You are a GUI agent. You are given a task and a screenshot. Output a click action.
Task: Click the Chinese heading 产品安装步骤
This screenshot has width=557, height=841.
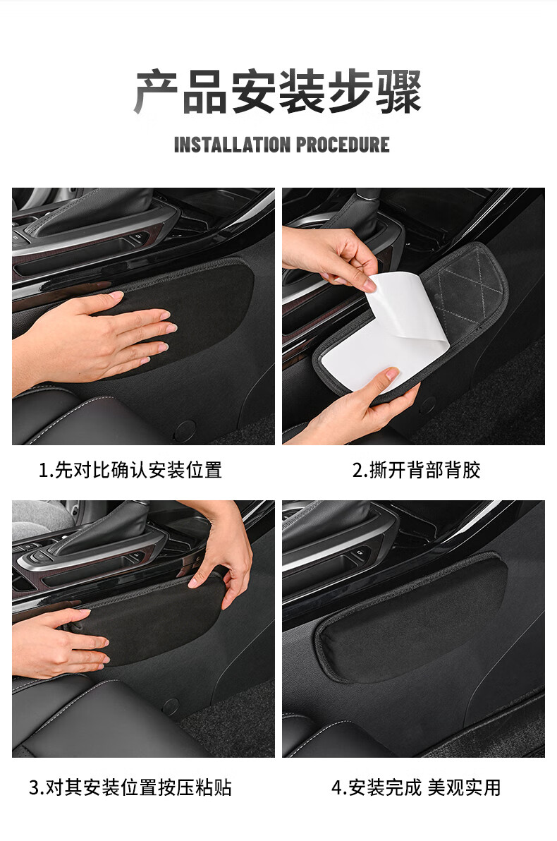click(x=278, y=92)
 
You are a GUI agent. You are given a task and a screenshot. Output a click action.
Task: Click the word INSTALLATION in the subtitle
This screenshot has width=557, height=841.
click(x=231, y=145)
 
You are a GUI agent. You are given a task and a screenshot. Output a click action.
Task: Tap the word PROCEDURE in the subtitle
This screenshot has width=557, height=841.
click(x=343, y=145)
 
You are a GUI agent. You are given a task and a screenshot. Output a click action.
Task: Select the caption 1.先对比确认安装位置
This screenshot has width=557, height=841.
click(x=130, y=470)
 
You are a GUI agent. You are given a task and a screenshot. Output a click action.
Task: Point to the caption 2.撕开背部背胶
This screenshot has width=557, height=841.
click(x=416, y=470)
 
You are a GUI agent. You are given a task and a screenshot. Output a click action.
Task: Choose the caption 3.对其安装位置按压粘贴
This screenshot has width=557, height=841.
click(x=130, y=787)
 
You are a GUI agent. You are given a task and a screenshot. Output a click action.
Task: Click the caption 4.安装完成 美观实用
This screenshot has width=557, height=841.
click(x=416, y=787)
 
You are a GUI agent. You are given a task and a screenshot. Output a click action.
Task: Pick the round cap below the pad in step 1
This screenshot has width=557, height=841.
click(x=185, y=429)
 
